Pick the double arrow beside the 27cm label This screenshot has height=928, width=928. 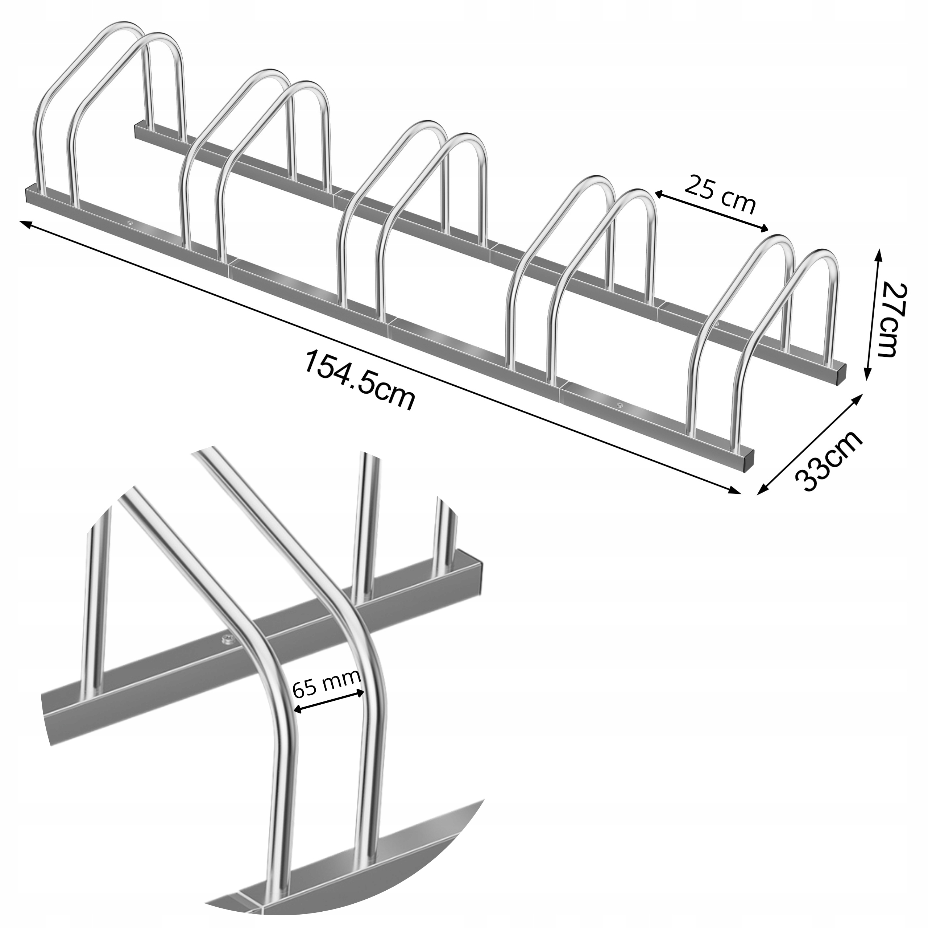click(x=872, y=314)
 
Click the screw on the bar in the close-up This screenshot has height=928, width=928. click(x=226, y=638)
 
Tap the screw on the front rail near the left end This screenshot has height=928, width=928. click(x=130, y=222)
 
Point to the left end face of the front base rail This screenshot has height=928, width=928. click(x=28, y=195)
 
